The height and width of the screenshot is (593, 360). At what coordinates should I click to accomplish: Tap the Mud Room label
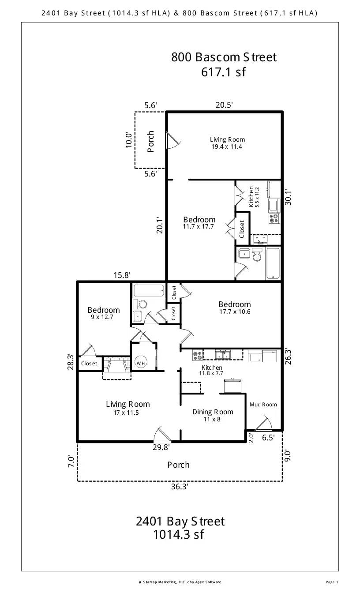(x=263, y=405)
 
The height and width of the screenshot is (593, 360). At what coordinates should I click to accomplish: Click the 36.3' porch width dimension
(x=180, y=487)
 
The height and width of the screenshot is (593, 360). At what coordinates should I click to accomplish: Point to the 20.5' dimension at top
(x=224, y=105)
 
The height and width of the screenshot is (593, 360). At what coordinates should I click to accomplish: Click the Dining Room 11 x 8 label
(x=213, y=415)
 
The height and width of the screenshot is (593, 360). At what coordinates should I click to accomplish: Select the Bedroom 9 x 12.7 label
(x=104, y=313)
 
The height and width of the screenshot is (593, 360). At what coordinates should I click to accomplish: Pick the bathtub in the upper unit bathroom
(x=273, y=263)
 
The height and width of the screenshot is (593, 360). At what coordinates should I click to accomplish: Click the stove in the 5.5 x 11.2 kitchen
(x=274, y=218)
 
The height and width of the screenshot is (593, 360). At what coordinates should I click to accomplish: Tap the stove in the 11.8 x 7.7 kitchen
(x=197, y=355)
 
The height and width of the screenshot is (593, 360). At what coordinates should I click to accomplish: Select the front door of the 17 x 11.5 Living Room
(x=162, y=435)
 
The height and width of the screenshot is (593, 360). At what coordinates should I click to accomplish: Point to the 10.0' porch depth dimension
(x=129, y=140)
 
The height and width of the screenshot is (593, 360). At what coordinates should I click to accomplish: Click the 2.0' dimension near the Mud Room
(x=251, y=438)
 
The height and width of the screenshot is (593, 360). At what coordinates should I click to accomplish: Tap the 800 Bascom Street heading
(x=224, y=57)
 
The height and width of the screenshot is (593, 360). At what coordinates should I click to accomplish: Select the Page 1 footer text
(x=332, y=582)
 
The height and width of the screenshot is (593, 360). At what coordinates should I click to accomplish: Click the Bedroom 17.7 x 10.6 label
(x=235, y=308)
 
